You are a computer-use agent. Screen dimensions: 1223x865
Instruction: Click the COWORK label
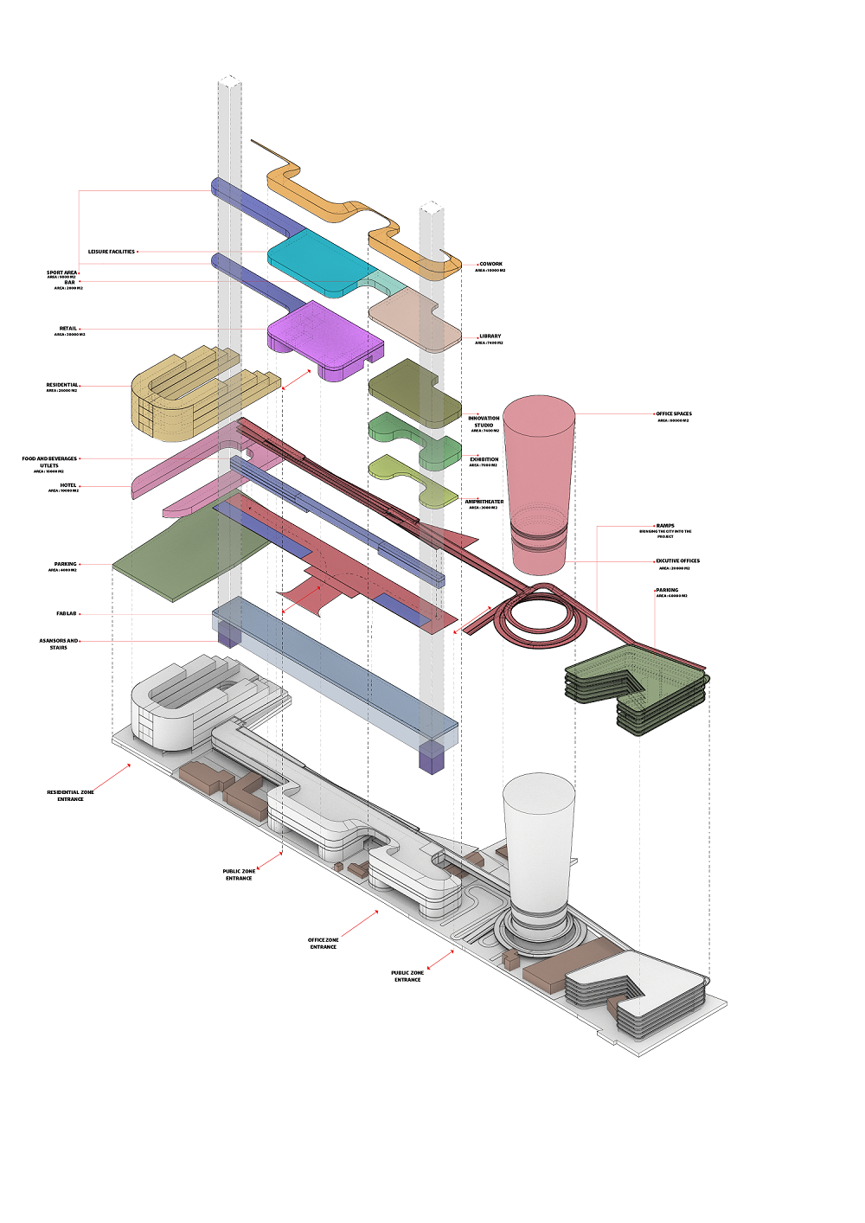click(x=490, y=264)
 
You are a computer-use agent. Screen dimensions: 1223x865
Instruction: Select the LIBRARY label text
click(x=490, y=336)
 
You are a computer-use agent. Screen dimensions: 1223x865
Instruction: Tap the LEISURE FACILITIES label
click(x=112, y=252)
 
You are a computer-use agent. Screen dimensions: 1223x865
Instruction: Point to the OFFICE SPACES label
click(x=674, y=414)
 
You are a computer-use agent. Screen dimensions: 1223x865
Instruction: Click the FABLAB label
click(x=67, y=613)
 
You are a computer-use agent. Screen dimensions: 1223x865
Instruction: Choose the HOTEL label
click(x=68, y=485)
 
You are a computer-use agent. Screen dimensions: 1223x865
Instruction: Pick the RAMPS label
click(x=665, y=526)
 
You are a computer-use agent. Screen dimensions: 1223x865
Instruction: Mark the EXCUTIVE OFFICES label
click(x=677, y=561)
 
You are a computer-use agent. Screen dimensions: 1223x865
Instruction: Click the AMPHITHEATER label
click(x=484, y=502)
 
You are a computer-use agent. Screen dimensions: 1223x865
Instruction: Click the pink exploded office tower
click(x=539, y=476)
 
